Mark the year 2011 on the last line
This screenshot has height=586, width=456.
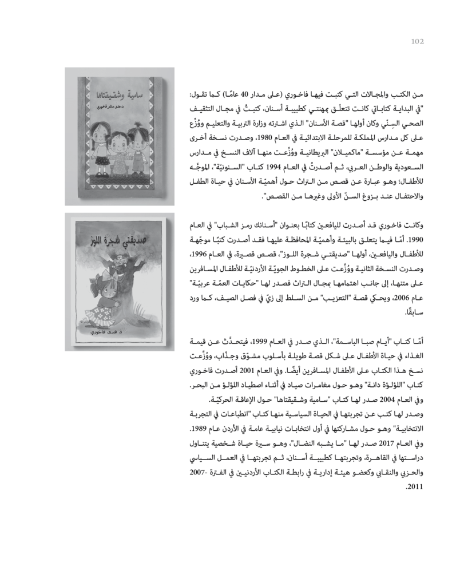tap(414, 489)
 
